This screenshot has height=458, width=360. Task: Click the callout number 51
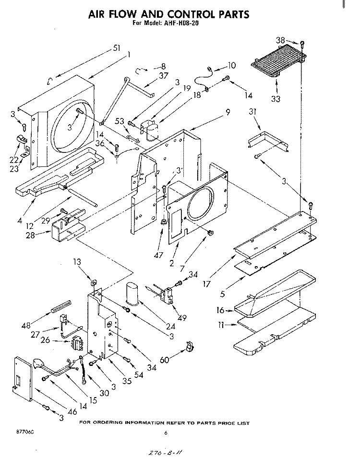point(117,48)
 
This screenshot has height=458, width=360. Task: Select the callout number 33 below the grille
point(276,99)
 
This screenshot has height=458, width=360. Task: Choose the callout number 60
point(165,360)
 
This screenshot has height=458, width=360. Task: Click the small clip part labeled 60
point(191,346)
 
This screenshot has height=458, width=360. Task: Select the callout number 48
point(26,326)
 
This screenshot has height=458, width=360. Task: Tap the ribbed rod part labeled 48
point(61,306)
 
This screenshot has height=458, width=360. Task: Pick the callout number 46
point(72,411)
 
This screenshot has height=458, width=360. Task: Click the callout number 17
point(207,283)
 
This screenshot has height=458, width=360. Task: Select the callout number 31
point(252,112)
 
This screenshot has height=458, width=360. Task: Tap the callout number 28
point(30,235)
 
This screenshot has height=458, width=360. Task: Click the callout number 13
point(77,262)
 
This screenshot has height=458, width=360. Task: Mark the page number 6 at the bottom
point(166,433)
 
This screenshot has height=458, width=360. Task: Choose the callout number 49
point(182,318)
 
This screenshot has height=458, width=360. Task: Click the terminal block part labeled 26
point(76,342)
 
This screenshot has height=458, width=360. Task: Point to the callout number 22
point(14,160)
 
